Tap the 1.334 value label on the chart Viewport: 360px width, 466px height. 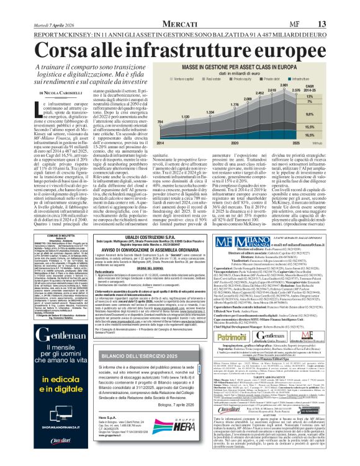[210, 111]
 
